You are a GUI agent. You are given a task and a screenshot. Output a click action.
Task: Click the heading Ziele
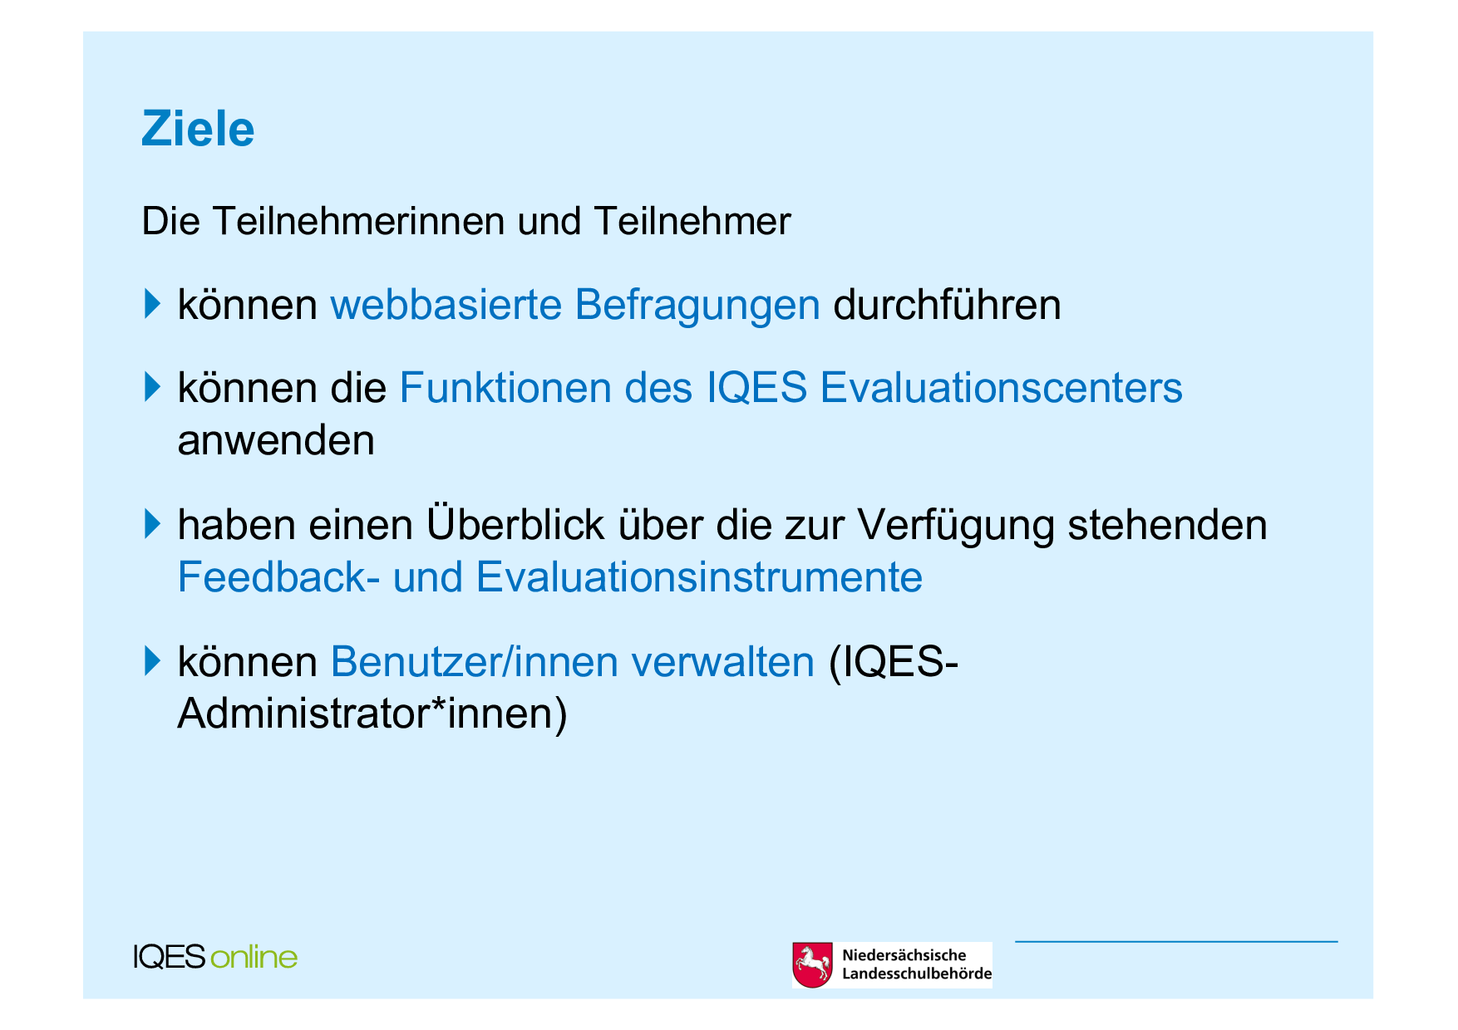coord(198,129)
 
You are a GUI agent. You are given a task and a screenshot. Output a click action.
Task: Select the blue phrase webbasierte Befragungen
coord(575,305)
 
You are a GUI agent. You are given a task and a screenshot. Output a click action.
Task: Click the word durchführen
coord(947,305)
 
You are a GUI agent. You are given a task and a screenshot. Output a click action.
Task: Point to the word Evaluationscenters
coord(1001,388)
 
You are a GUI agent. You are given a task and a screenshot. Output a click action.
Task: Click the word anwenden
coord(276,440)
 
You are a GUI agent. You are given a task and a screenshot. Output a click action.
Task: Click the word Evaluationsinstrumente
coord(699,577)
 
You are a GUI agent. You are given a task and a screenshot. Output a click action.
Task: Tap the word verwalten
coord(722,662)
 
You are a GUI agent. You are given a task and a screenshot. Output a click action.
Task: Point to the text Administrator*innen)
coord(372,714)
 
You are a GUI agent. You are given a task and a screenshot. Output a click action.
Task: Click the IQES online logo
coord(215,957)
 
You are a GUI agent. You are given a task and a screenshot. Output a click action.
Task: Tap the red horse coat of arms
coord(812,965)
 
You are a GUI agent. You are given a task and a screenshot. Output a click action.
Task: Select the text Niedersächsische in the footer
coord(904,955)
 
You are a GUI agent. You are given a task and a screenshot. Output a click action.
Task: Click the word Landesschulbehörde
coord(917,974)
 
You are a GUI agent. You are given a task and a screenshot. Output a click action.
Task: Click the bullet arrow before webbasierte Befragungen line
coord(151,303)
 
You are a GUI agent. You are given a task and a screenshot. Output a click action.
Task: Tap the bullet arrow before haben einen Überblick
coord(151,523)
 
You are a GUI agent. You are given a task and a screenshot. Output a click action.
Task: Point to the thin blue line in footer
coord(1176,941)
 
